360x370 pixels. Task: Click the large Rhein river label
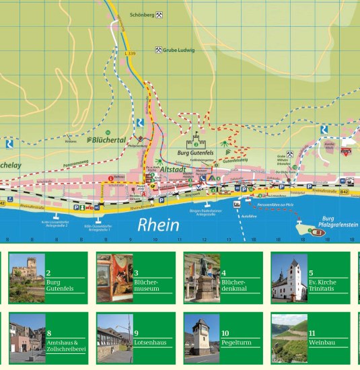point(158,225)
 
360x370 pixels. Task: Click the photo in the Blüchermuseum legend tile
point(114,278)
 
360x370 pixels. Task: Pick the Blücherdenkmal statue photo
point(202,278)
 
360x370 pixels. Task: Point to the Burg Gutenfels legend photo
point(27,278)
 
